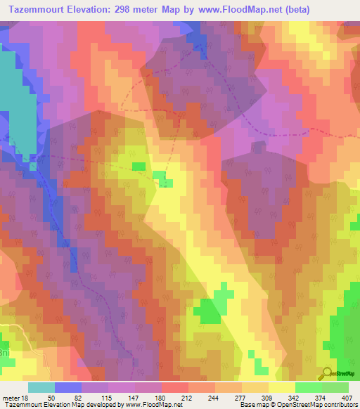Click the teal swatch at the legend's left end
pos(41,387)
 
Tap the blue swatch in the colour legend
pos(67,387)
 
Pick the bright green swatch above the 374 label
pos(308,387)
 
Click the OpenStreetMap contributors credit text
pos(323,405)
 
